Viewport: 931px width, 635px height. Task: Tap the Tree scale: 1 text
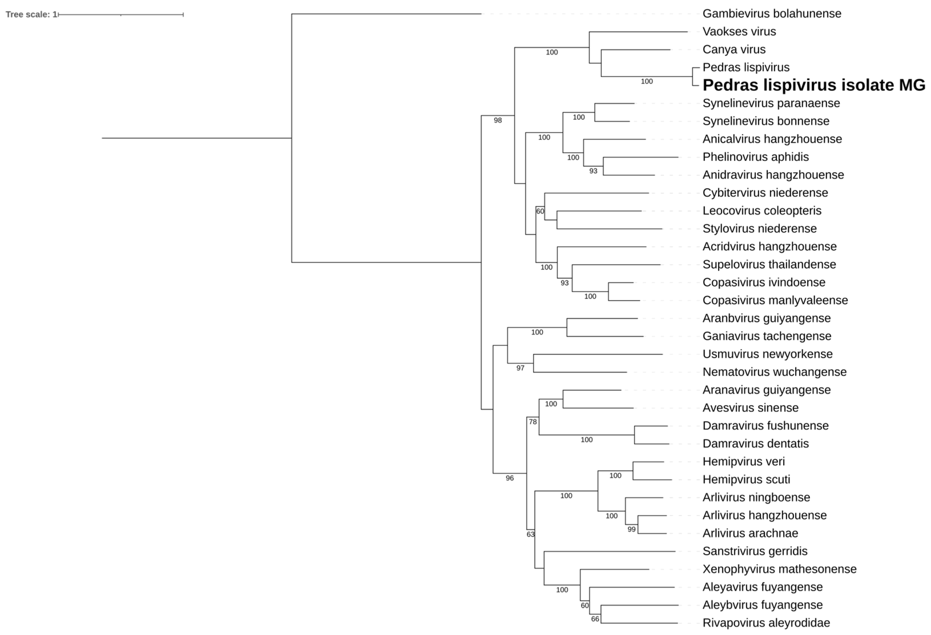(x=31, y=15)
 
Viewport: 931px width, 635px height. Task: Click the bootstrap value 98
(x=497, y=120)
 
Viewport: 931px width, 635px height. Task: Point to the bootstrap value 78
(x=532, y=422)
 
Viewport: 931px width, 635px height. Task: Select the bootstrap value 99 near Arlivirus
(x=631, y=529)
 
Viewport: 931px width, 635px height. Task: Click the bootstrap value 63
(x=530, y=534)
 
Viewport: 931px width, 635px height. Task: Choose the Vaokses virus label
(x=739, y=32)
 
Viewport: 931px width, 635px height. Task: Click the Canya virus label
(x=734, y=50)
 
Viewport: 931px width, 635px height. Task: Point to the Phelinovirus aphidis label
(x=755, y=157)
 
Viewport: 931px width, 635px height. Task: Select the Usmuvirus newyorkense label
(x=767, y=354)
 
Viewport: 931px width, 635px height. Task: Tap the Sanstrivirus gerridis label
(x=755, y=551)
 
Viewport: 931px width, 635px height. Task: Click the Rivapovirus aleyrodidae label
(x=766, y=623)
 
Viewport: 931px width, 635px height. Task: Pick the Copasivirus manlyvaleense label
(x=775, y=300)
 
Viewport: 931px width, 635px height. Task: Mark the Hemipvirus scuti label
(x=746, y=480)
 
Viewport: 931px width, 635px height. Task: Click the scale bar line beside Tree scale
(x=120, y=15)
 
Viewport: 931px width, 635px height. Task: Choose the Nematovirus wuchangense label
(x=774, y=372)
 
